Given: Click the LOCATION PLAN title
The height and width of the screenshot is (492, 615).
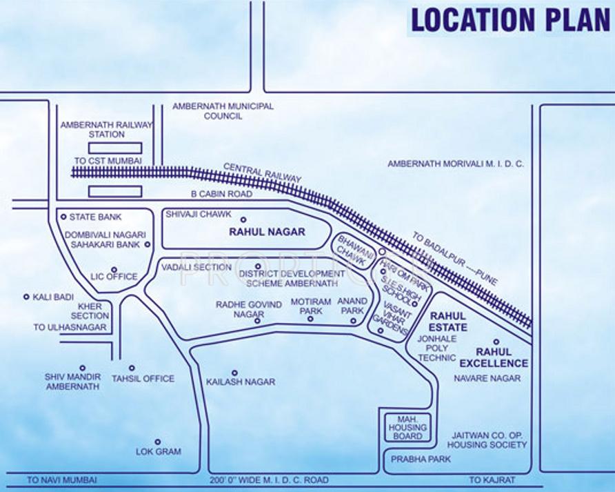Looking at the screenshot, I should (x=510, y=21).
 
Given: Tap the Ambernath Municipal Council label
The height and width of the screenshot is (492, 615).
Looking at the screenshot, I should (x=223, y=111).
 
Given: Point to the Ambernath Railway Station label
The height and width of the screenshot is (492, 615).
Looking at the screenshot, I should (x=107, y=130).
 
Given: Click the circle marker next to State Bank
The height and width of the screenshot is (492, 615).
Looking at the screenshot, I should (x=63, y=217).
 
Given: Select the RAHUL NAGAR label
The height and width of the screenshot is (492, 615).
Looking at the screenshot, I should (x=267, y=232).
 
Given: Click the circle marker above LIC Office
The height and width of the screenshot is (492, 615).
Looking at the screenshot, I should (x=114, y=269).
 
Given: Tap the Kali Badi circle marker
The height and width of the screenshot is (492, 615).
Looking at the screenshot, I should (x=27, y=297).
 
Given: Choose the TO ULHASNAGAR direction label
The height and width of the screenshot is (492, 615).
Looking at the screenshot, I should (x=70, y=327).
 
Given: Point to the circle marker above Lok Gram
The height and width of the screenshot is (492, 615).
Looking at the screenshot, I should (x=158, y=442).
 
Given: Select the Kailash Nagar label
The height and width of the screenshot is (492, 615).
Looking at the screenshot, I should (x=241, y=382).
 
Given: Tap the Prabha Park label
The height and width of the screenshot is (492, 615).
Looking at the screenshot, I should (x=416, y=459).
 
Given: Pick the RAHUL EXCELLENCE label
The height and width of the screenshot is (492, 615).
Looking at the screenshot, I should (x=494, y=357).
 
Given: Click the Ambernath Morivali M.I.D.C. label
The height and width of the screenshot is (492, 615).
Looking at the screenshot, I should (x=456, y=164).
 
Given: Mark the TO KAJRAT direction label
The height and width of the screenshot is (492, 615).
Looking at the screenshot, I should (x=493, y=480).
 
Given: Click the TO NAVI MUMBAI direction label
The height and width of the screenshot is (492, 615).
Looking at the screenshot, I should (x=62, y=480).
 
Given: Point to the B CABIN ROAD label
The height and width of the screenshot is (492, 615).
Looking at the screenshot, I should (x=221, y=195).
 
